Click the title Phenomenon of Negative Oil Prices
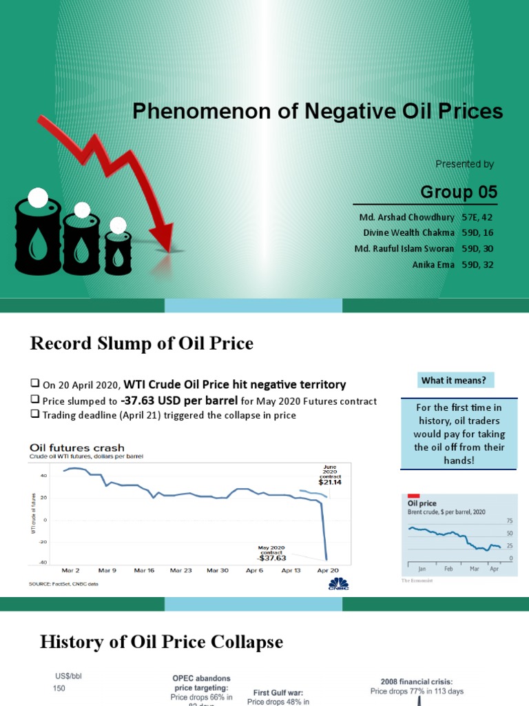click(317, 111)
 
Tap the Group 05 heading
click(459, 192)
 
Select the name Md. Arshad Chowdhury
click(404, 217)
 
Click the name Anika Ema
click(433, 265)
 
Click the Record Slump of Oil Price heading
click(142, 343)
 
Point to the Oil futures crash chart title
click(77, 449)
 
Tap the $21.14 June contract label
click(330, 483)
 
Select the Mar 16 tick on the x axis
click(144, 570)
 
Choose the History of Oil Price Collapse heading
click(161, 642)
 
